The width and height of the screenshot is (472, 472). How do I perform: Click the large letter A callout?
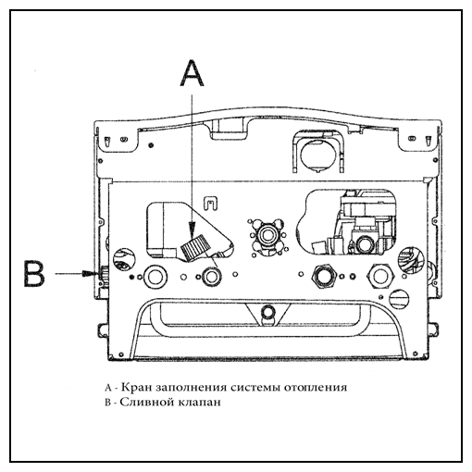(x=192, y=73)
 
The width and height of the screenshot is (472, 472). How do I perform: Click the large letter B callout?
(x=34, y=274)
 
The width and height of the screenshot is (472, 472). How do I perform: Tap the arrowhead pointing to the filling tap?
(x=193, y=230)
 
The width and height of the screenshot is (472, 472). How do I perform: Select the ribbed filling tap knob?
(x=195, y=247)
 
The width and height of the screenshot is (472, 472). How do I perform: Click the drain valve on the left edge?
(x=101, y=274)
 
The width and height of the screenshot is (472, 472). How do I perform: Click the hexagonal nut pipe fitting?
(x=323, y=276)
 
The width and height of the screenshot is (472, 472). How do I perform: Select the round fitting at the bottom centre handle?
(x=267, y=312)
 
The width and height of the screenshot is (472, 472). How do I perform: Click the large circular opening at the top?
(x=317, y=155)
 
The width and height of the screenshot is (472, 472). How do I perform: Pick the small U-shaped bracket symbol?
(x=210, y=204)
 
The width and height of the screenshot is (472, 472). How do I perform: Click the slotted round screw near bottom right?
(x=399, y=298)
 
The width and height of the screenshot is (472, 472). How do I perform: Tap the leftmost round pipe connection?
(x=155, y=276)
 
